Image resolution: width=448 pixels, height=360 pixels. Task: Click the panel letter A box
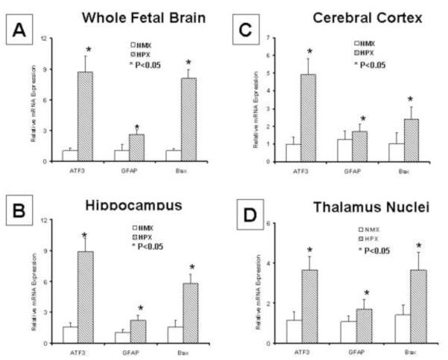pos(20,32)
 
